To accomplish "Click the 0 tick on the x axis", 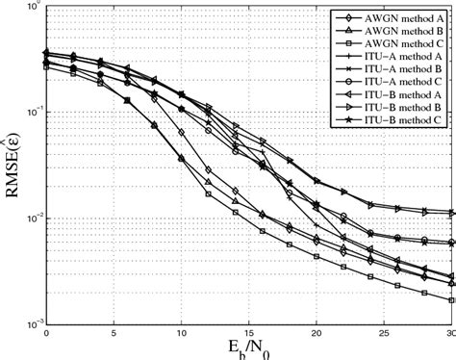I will click(x=46, y=332).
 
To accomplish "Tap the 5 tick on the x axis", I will click(x=114, y=332).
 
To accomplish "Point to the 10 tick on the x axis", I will click(x=181, y=332).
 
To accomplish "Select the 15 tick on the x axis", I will click(x=248, y=332).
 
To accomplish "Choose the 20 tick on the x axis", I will click(x=316, y=332).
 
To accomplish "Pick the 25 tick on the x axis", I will click(x=383, y=332).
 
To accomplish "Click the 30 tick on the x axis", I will click(x=448, y=332).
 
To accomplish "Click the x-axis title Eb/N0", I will click(x=248, y=348).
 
